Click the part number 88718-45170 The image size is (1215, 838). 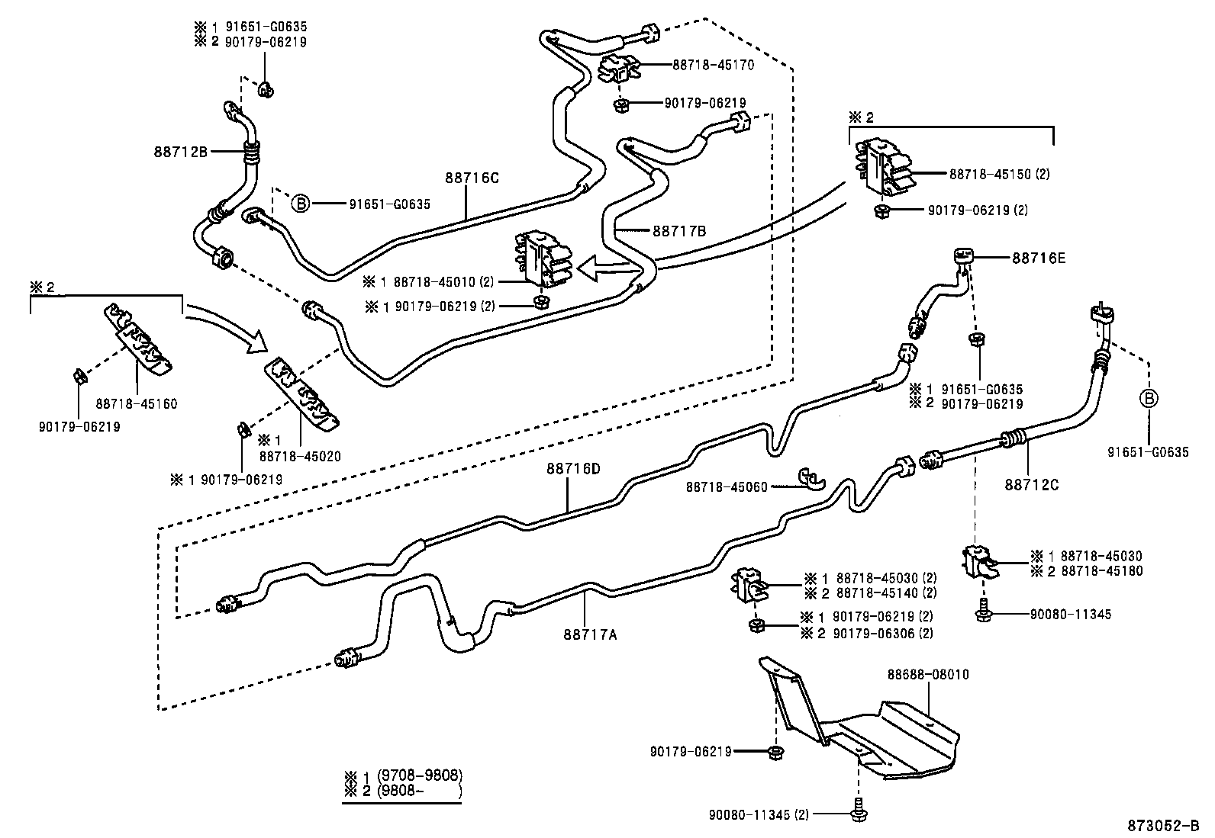tap(713, 66)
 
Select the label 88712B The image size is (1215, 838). tap(181, 151)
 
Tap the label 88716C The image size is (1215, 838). tap(472, 178)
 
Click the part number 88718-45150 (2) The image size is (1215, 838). tap(999, 175)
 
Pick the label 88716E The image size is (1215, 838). tap(1039, 258)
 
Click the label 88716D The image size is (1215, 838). tap(573, 468)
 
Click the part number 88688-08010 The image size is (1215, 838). tap(927, 675)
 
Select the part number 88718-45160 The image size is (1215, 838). tap(137, 403)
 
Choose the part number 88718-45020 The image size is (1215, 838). tap(300, 456)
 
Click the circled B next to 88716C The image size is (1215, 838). tap(301, 204)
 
